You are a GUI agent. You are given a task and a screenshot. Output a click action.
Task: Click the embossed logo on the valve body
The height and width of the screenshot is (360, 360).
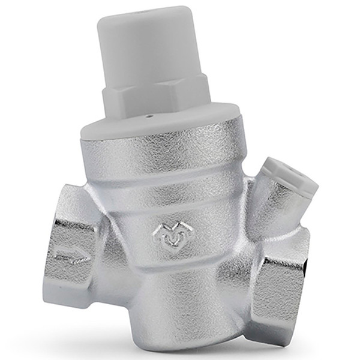pyautogui.click(x=170, y=235)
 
